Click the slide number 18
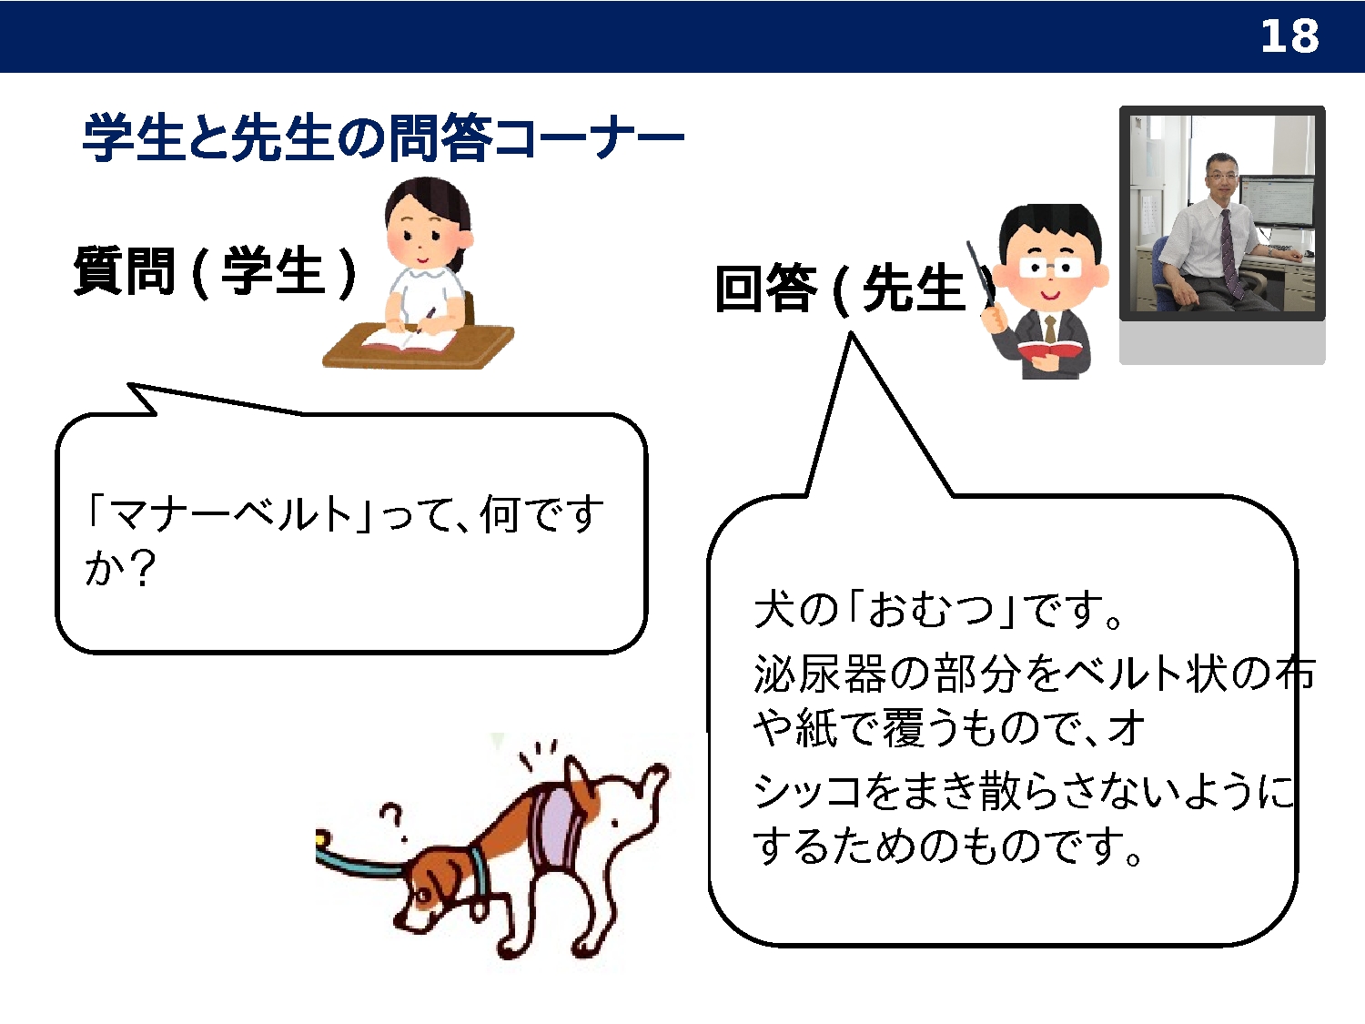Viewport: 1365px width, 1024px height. point(1289,36)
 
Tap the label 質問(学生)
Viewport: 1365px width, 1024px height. point(215,271)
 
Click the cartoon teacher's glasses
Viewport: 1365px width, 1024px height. point(1050,268)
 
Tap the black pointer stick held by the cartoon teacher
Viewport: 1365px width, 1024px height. point(981,274)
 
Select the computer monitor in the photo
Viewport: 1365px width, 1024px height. point(1276,206)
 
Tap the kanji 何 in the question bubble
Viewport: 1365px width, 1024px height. point(500,515)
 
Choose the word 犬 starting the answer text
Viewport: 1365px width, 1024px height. point(773,609)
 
